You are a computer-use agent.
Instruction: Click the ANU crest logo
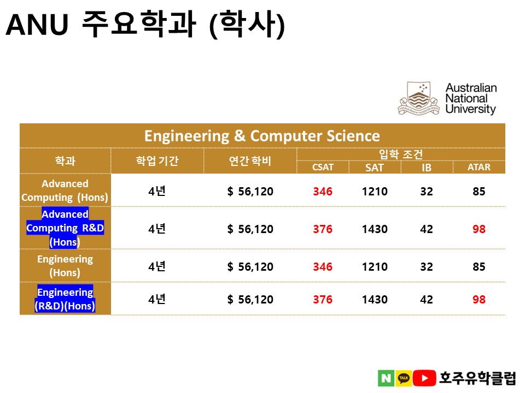(x=418, y=98)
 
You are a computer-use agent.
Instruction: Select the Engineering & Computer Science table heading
(x=262, y=136)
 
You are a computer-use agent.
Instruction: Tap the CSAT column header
(x=323, y=167)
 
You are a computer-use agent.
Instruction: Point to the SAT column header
(x=374, y=168)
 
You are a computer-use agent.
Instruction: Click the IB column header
(x=427, y=168)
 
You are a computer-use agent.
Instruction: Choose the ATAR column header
(x=479, y=167)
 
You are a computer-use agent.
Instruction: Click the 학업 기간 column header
(x=157, y=160)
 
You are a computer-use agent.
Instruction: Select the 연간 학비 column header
(x=250, y=160)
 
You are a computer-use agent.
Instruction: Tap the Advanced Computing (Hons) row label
(x=65, y=190)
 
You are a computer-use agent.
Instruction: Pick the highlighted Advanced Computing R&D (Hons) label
(x=65, y=228)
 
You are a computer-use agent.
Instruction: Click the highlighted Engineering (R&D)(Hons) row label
(x=65, y=299)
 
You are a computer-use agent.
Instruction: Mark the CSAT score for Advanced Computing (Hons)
(x=323, y=192)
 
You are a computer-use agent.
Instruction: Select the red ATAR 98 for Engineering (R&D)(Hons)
(x=479, y=300)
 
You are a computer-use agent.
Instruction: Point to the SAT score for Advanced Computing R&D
(x=375, y=229)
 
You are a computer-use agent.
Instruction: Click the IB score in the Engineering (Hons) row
(x=427, y=267)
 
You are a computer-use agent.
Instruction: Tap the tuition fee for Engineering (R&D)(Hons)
(x=250, y=300)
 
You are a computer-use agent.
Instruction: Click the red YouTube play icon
(x=424, y=378)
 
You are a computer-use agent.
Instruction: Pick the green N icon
(x=386, y=378)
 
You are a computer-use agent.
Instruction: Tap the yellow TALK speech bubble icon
(x=404, y=378)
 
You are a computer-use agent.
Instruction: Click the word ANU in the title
(x=37, y=25)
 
